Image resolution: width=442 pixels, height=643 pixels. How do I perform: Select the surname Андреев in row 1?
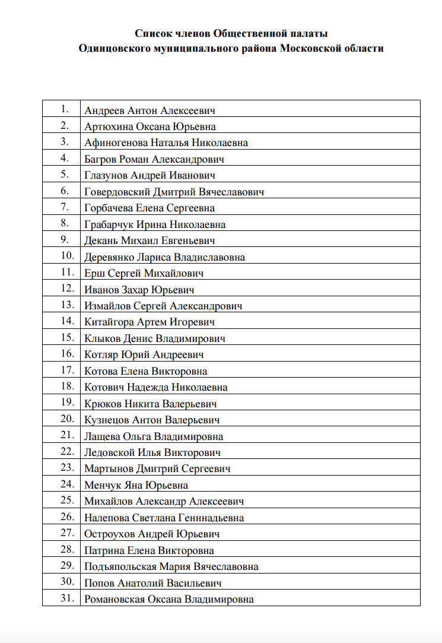tap(104, 110)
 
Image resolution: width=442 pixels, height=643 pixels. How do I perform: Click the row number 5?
tap(65, 174)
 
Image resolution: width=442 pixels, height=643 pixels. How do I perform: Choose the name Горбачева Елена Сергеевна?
tap(150, 208)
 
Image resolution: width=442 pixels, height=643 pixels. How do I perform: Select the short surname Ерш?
tap(94, 274)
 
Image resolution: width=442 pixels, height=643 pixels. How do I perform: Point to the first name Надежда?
tap(148, 388)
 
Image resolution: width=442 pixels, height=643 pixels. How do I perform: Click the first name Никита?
tap(142, 404)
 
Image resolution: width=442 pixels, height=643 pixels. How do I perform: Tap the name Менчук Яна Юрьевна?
tap(136, 486)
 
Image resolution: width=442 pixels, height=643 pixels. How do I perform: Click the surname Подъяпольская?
tap(122, 567)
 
